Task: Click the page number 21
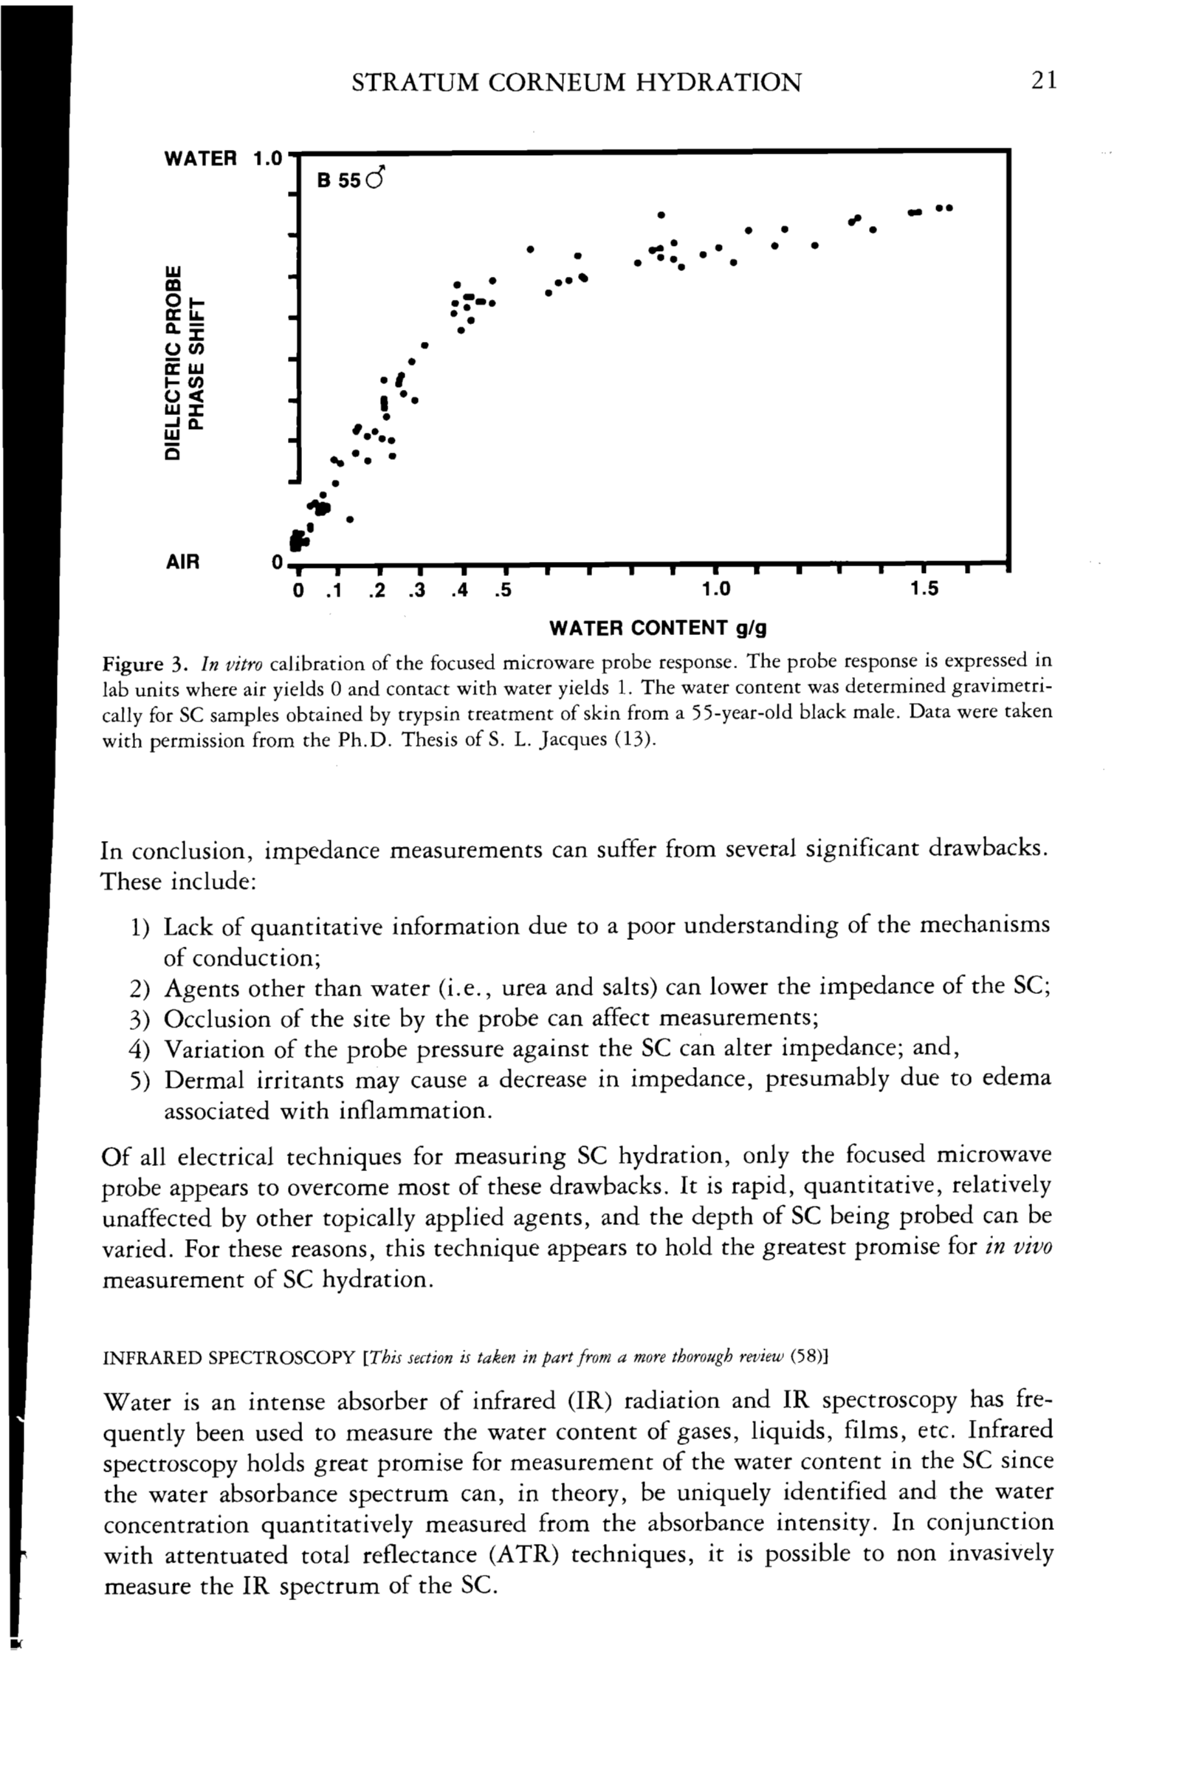[x=1043, y=80]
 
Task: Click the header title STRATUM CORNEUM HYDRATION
[x=576, y=83]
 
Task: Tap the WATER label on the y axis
[x=201, y=159]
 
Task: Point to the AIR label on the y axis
[x=182, y=562]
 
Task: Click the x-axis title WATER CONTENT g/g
[x=658, y=628]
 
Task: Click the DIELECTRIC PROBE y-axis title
[x=175, y=363]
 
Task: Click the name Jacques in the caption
[x=571, y=741]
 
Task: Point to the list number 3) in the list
[x=139, y=1020]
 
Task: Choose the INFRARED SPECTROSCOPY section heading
[x=229, y=1359]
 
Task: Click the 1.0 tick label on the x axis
[x=715, y=589]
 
